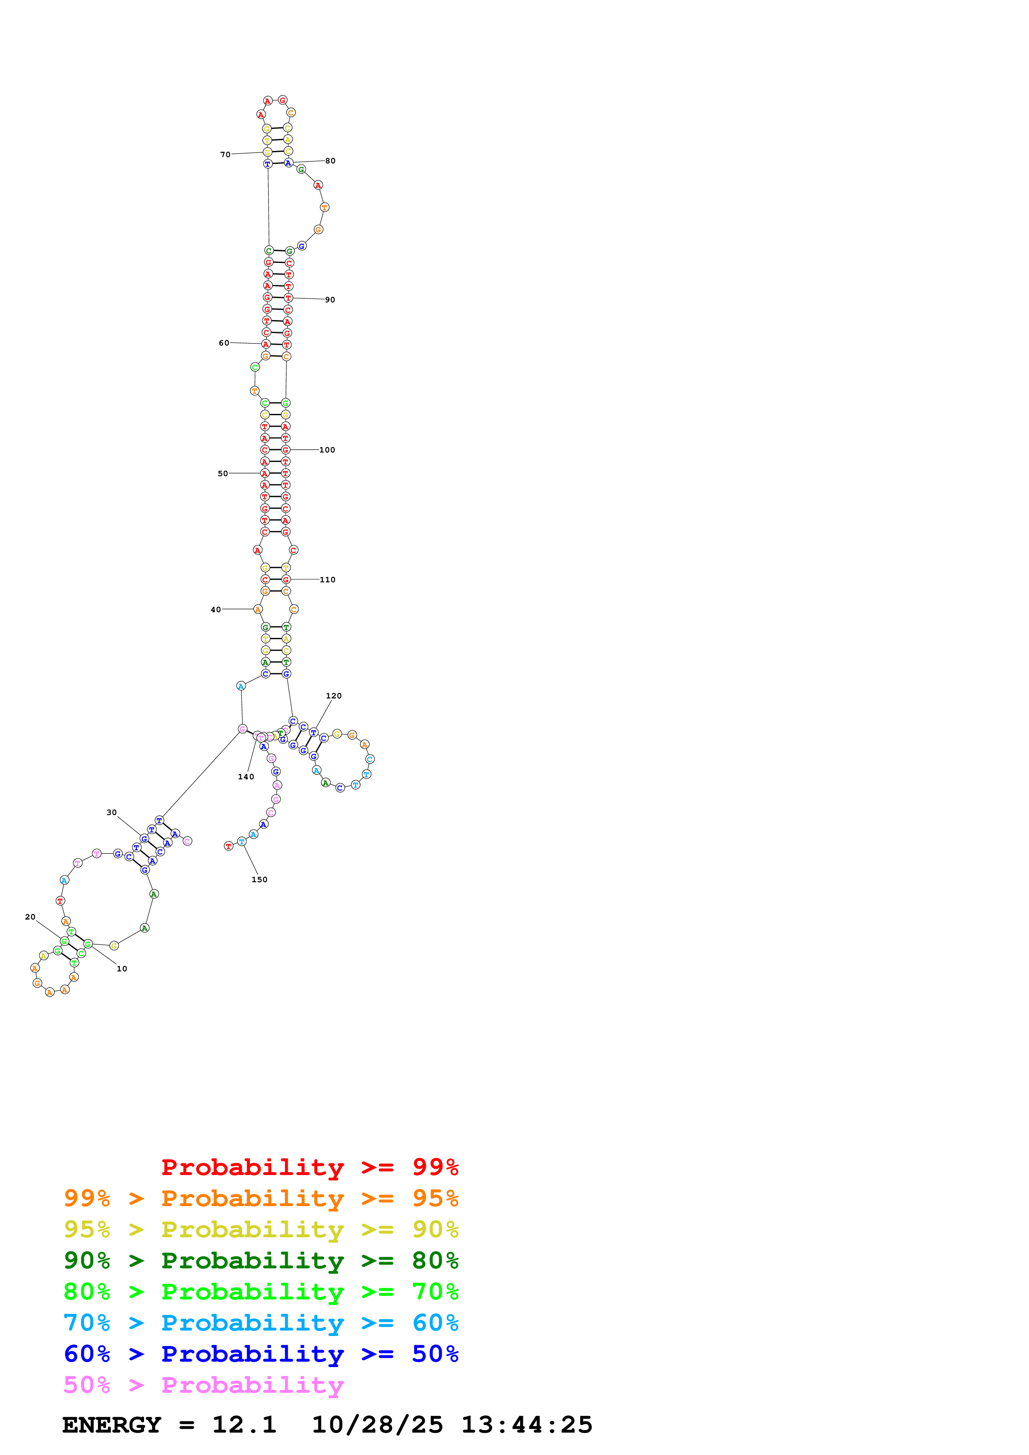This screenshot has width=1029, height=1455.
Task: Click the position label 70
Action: click(225, 155)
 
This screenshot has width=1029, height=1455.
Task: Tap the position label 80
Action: click(330, 161)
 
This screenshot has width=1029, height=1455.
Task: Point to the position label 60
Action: click(224, 343)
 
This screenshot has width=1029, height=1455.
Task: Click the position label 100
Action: click(327, 450)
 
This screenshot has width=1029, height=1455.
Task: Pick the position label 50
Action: click(222, 473)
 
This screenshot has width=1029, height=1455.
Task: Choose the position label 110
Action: click(328, 580)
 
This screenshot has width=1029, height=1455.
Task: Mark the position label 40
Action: click(215, 610)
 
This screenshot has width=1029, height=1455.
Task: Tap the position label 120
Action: click(333, 696)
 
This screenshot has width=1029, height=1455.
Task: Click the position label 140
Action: click(246, 777)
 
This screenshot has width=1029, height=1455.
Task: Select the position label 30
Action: click(112, 813)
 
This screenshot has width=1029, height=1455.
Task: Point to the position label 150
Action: click(259, 880)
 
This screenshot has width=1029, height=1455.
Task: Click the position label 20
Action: click(30, 917)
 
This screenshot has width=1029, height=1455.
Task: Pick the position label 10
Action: click(122, 969)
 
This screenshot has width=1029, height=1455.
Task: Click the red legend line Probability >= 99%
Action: click(309, 1167)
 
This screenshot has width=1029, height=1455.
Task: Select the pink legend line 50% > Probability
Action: click(203, 1385)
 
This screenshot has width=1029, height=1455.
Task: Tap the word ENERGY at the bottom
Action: click(112, 1425)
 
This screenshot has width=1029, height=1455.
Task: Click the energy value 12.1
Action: click(244, 1425)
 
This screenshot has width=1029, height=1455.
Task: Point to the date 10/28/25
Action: click(377, 1425)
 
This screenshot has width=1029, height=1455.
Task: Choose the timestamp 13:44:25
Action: click(526, 1425)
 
